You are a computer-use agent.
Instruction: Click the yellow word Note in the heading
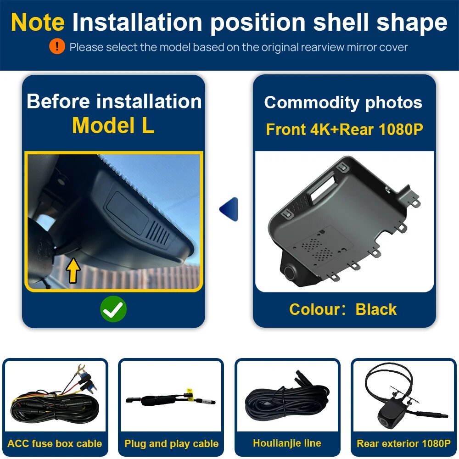pyautogui.click(x=38, y=22)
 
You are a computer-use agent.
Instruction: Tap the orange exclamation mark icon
pyautogui.click(x=57, y=46)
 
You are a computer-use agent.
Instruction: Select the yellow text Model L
pyautogui.click(x=113, y=126)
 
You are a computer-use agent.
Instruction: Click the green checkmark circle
pyautogui.click(x=113, y=309)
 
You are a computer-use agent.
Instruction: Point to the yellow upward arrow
pyautogui.click(x=73, y=270)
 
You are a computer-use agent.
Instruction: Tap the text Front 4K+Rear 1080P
pyautogui.click(x=345, y=129)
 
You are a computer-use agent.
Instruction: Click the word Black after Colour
pyautogui.click(x=376, y=309)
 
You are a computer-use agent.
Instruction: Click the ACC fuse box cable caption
pyautogui.click(x=55, y=443)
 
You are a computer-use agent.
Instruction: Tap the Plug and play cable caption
pyautogui.click(x=171, y=443)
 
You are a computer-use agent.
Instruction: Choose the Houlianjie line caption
pyautogui.click(x=287, y=443)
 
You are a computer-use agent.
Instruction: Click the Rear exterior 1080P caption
pyautogui.click(x=403, y=443)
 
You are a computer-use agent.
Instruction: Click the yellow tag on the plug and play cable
pyautogui.click(x=190, y=393)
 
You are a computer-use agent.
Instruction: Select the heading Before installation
pyautogui.click(x=114, y=101)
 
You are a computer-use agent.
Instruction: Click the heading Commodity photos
pyautogui.click(x=343, y=102)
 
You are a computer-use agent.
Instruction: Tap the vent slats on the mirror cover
pyautogui.click(x=158, y=233)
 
